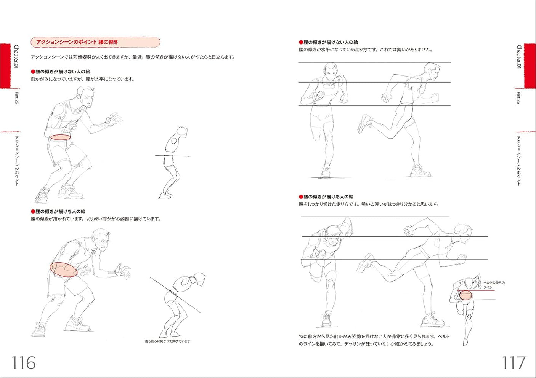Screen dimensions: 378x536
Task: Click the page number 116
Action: pyautogui.click(x=24, y=363)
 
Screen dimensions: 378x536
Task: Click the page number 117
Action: pyautogui.click(x=513, y=363)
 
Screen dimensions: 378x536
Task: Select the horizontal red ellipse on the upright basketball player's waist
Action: pyautogui.click(x=61, y=137)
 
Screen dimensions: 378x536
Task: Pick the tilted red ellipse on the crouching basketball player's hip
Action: pyautogui.click(x=64, y=269)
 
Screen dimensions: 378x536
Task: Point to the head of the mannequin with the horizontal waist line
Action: pyautogui.click(x=182, y=132)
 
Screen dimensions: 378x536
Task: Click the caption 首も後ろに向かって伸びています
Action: pyautogui.click(x=167, y=341)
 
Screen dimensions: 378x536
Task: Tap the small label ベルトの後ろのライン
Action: pyautogui.click(x=494, y=285)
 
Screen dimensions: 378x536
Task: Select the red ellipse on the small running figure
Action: pyautogui.click(x=465, y=295)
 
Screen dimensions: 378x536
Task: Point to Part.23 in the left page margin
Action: pyautogui.click(x=16, y=98)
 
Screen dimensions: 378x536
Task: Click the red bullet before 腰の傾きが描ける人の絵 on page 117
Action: pyautogui.click(x=301, y=197)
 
